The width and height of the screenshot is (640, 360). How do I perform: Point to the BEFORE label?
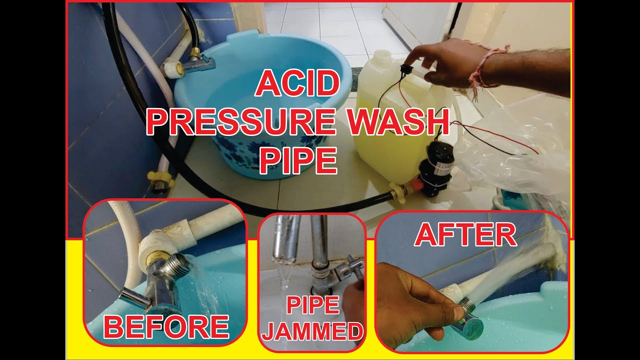(x=166, y=327)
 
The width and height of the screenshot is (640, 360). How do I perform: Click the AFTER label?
(x=465, y=235)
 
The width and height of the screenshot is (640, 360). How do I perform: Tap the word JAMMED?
(x=312, y=331)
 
